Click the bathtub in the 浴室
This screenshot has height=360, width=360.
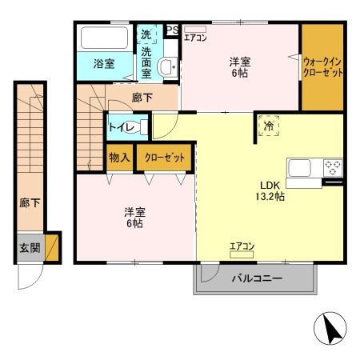(x=104, y=38)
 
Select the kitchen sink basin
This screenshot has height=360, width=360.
(x=302, y=167)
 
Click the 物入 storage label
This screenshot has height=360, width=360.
(x=120, y=157)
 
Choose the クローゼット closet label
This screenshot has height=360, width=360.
(x=163, y=158)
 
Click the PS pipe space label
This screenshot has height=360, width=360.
(x=171, y=30)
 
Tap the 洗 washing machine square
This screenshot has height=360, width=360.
(x=146, y=34)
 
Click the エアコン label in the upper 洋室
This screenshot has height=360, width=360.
(x=196, y=37)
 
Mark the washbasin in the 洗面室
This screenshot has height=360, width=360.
(x=168, y=67)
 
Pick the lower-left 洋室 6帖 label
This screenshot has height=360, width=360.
(x=134, y=218)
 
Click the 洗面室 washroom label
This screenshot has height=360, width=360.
(x=146, y=63)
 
